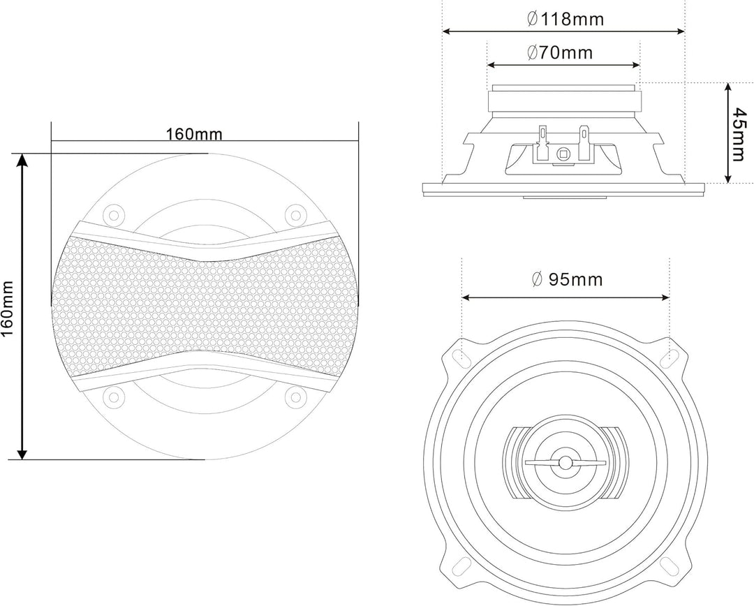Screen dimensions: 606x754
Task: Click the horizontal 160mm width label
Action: [193, 134]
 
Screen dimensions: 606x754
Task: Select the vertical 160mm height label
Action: [8, 306]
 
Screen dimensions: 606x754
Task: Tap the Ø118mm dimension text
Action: [565, 19]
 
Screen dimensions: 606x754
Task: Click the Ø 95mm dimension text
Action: [566, 280]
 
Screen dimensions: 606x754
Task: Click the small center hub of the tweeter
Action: [564, 463]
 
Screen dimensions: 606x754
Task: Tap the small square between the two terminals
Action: [563, 154]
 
